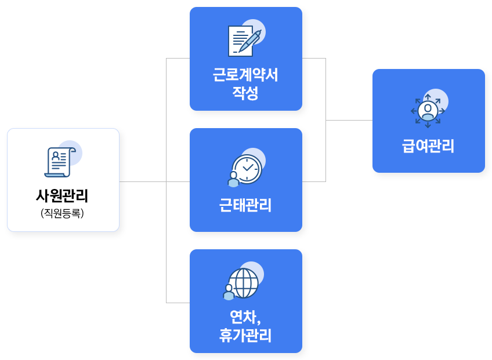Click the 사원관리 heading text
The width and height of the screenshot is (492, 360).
[63, 196]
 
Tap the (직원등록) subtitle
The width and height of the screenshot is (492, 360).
[63, 213]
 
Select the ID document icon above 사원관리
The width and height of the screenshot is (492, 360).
[59, 162]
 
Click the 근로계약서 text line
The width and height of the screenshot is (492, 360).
[245, 76]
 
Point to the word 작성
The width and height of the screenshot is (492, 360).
[245, 93]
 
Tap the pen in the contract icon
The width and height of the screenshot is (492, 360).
[251, 40]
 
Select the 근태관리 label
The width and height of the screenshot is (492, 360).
[245, 205]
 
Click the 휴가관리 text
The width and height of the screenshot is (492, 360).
[245, 335]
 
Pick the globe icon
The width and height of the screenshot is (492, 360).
[244, 283]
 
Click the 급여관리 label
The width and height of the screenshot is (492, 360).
[428, 146]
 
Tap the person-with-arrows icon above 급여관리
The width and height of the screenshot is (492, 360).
[428, 109]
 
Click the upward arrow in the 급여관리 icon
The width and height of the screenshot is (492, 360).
[428, 96]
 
